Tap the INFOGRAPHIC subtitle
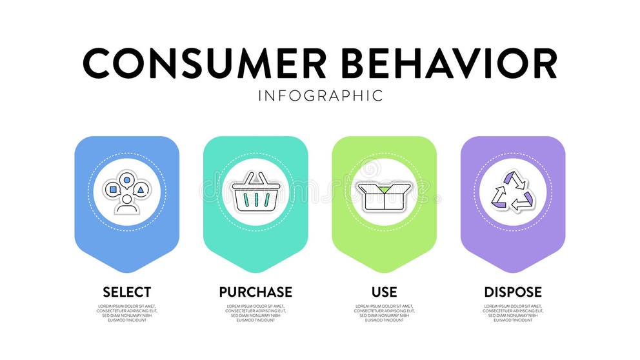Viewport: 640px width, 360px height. [x=320, y=96]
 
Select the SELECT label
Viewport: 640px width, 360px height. [x=126, y=292]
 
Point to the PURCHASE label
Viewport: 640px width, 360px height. [x=255, y=292]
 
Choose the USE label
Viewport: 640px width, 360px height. [x=384, y=292]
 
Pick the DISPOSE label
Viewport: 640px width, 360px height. [x=513, y=292]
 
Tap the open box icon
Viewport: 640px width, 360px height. [x=383, y=195]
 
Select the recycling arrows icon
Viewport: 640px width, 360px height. [x=513, y=192]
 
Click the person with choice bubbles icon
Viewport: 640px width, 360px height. [x=126, y=192]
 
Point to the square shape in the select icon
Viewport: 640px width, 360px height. [x=114, y=190]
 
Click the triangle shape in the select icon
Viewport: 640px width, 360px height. [x=141, y=190]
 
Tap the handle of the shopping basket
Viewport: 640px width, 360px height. [x=255, y=177]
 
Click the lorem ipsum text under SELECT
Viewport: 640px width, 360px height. [x=126, y=313]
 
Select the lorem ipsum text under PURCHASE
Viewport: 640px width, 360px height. [x=255, y=313]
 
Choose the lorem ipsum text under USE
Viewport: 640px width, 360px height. [x=384, y=313]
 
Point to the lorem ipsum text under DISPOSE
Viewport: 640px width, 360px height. [x=513, y=313]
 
